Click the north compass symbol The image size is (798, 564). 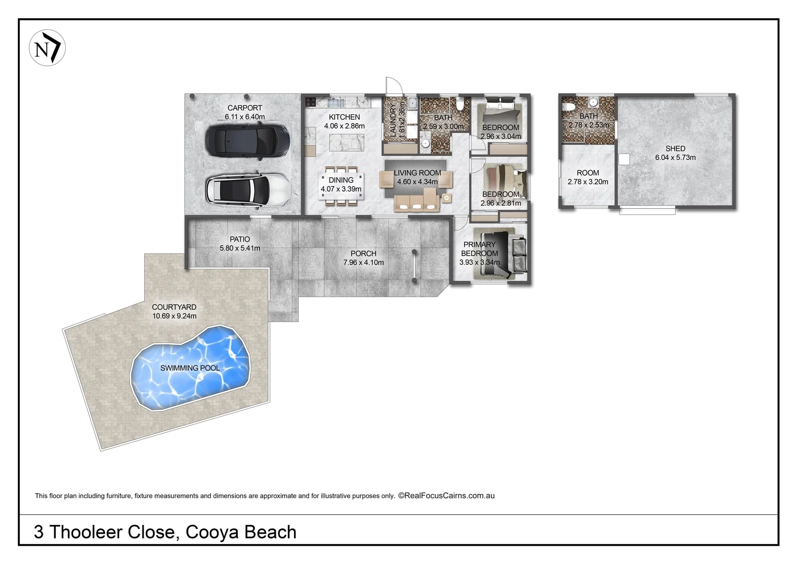coord(47,48)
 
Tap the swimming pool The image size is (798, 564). coord(190,368)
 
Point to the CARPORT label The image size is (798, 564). coord(244,108)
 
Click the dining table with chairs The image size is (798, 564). coord(341,184)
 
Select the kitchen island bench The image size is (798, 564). coord(346,142)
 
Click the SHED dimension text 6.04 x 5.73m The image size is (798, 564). coord(675,158)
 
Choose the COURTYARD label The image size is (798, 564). coord(174,307)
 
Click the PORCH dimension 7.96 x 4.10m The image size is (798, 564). coord(363,263)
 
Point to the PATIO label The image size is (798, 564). coord(240,239)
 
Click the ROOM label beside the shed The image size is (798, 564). coord(588,173)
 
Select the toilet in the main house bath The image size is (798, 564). coord(460,104)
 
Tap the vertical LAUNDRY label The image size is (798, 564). coord(393,120)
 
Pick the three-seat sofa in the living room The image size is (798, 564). coord(416,204)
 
